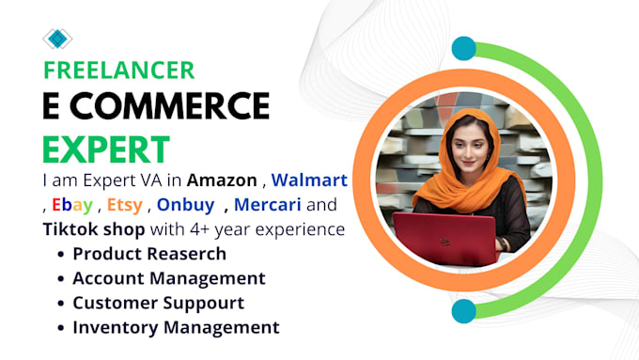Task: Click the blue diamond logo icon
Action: (57, 39)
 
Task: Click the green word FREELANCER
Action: (119, 70)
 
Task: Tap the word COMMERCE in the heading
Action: (169, 105)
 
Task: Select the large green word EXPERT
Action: (106, 149)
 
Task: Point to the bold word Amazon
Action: (222, 180)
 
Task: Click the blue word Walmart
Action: (309, 180)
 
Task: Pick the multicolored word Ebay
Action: (72, 205)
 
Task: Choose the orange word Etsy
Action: (125, 205)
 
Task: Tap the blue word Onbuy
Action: (185, 205)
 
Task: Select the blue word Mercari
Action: (267, 205)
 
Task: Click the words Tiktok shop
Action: (94, 229)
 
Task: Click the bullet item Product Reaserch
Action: (149, 254)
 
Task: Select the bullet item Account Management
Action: (169, 278)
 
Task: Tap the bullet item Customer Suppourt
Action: (158, 303)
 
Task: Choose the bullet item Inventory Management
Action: (176, 327)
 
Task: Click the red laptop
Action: (446, 239)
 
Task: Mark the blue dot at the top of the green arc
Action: (464, 48)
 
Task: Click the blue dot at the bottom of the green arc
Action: (464, 311)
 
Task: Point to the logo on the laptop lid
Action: (444, 242)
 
